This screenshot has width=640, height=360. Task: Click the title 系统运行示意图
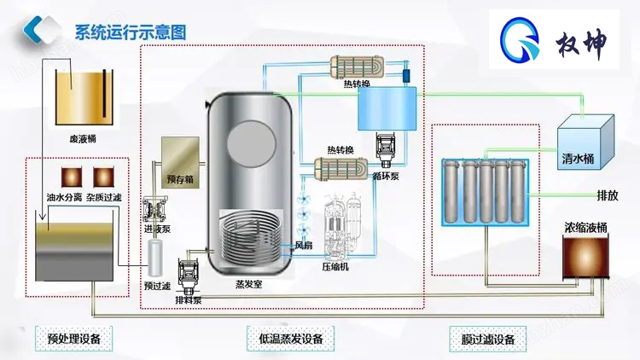pos(130,32)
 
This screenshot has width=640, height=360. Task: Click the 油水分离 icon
pos(65,176)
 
